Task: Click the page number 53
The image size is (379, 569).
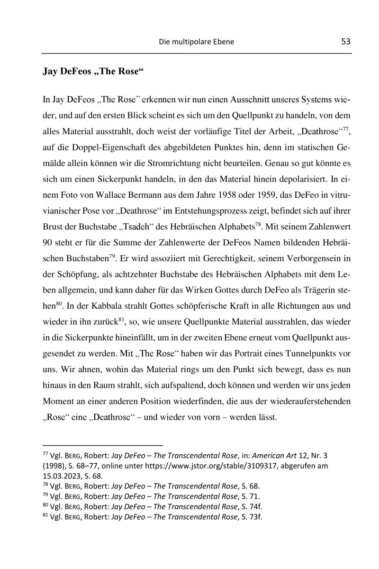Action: click(x=345, y=41)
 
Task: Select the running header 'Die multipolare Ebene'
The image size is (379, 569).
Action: click(x=196, y=42)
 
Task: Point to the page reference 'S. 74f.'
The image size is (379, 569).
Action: click(x=252, y=506)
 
